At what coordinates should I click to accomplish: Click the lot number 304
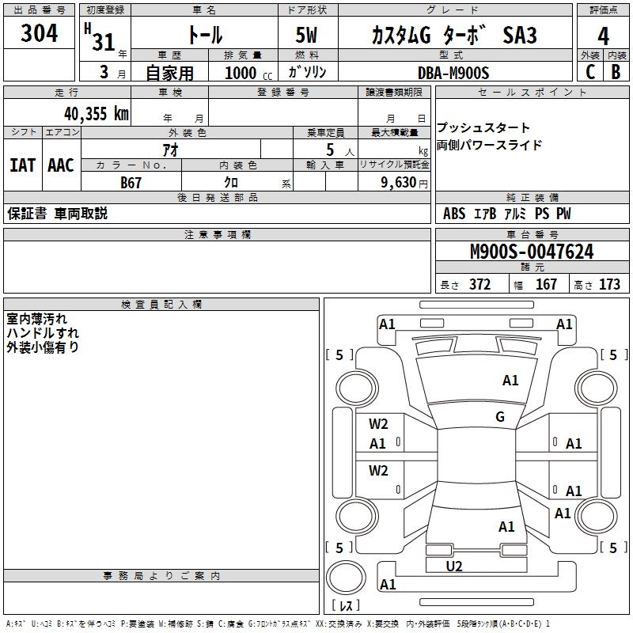click(39, 33)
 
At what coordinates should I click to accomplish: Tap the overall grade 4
click(603, 36)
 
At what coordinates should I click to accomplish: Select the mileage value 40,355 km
click(96, 114)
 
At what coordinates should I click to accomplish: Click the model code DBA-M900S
click(453, 73)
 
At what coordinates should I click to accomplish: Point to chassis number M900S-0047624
click(532, 252)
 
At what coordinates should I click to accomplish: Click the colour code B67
click(131, 183)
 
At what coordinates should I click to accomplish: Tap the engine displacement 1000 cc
click(248, 73)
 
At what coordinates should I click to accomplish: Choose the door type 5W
click(306, 35)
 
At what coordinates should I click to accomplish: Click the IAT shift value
click(22, 165)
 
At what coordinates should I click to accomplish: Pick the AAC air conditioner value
click(61, 165)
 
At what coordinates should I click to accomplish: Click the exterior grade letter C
click(590, 72)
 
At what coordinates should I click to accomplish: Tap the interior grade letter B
click(616, 72)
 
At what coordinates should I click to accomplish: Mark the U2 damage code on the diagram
click(454, 567)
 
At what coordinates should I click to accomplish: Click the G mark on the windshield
click(500, 416)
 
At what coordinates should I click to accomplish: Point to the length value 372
click(479, 284)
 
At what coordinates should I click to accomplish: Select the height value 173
click(609, 284)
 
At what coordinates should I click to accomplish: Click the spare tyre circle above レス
click(346, 578)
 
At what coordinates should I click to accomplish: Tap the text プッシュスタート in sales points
click(483, 127)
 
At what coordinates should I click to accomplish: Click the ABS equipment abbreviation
click(454, 214)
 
